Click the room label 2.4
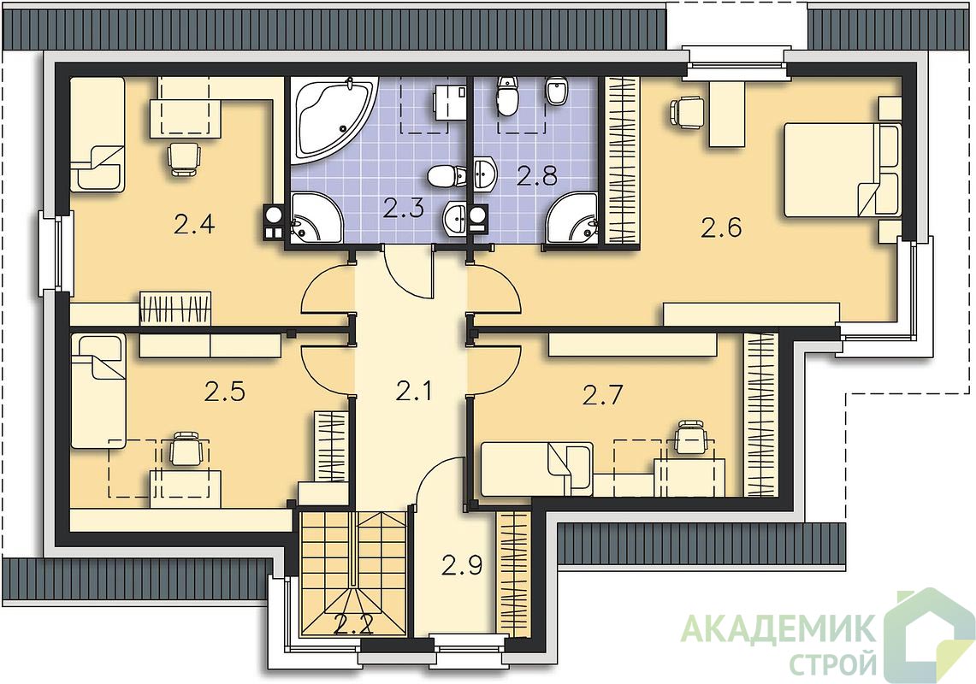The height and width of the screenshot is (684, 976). click(194, 224)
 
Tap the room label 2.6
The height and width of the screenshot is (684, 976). click(721, 228)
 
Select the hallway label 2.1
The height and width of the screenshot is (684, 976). click(413, 392)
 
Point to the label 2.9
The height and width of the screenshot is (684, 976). click(462, 566)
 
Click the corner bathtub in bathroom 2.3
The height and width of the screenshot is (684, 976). click(333, 120)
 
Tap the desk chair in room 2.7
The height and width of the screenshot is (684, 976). click(690, 437)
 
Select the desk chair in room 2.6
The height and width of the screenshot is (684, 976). click(686, 112)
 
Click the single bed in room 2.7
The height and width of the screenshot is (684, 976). click(537, 469)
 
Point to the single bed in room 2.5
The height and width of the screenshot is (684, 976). click(98, 391)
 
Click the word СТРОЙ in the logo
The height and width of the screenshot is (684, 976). click(833, 664)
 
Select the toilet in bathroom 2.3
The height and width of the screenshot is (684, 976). click(447, 176)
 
